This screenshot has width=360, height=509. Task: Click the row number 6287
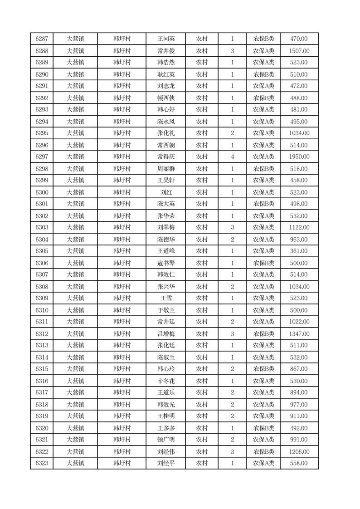tap(42, 39)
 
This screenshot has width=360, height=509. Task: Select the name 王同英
tap(165, 39)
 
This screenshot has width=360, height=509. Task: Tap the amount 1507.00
tap(299, 51)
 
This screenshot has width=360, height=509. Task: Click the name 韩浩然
tap(165, 63)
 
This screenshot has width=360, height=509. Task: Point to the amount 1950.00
tap(299, 157)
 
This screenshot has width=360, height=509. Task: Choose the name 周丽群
tap(165, 169)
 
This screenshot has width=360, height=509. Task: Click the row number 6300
tap(42, 192)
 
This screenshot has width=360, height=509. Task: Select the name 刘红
tap(165, 192)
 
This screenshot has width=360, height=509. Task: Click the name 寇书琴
tap(165, 263)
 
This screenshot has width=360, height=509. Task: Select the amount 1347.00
tap(299, 334)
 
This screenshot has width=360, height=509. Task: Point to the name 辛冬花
tap(165, 381)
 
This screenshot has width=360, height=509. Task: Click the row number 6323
tap(42, 463)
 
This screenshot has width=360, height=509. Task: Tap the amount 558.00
tap(299, 463)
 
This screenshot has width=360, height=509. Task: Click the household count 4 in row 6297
tap(232, 157)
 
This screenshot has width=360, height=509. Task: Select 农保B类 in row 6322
tap(263, 452)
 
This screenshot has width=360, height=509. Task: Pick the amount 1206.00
tap(299, 452)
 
